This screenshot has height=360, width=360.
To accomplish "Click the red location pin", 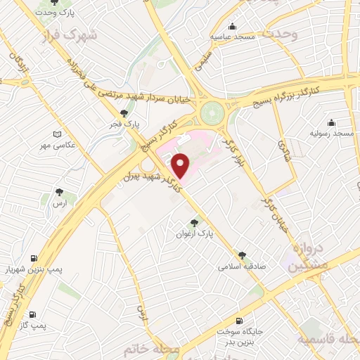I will [x=181, y=166].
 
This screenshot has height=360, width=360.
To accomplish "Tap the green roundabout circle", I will [x=210, y=112].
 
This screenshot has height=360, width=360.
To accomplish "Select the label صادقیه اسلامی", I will [x=240, y=266].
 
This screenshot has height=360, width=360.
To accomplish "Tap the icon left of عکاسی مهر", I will [x=58, y=134].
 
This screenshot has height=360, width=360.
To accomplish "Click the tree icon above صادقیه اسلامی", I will [x=243, y=255].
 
